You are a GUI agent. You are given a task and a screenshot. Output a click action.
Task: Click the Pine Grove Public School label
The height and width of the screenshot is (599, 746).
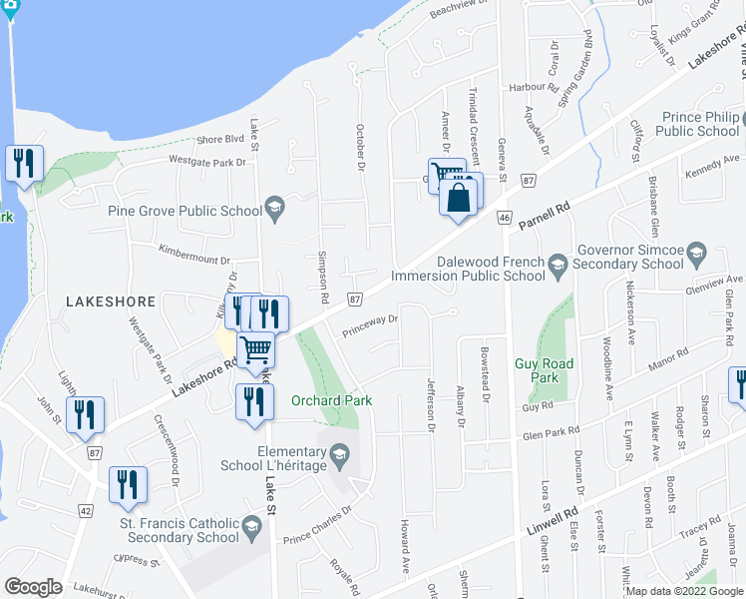coord(184,211)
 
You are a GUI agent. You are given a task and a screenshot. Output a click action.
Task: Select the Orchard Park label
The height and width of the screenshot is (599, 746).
coord(331,401)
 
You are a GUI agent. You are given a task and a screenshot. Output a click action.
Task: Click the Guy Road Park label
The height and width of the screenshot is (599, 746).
coord(544,371)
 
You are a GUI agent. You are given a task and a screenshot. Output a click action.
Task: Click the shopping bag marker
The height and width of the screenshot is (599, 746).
coord(458,197)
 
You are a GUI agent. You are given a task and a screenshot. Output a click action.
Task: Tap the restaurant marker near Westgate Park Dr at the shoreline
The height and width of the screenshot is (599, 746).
coord(24,162)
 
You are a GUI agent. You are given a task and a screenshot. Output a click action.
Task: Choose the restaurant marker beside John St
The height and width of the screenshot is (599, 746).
coord(85,413)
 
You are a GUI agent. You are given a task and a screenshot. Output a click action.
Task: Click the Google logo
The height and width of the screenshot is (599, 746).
coord(34,587)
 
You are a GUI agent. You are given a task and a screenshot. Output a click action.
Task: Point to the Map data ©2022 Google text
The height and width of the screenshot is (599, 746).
coord(684,591)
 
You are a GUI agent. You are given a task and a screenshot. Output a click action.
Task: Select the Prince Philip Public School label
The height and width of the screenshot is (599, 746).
coord(698,124)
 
